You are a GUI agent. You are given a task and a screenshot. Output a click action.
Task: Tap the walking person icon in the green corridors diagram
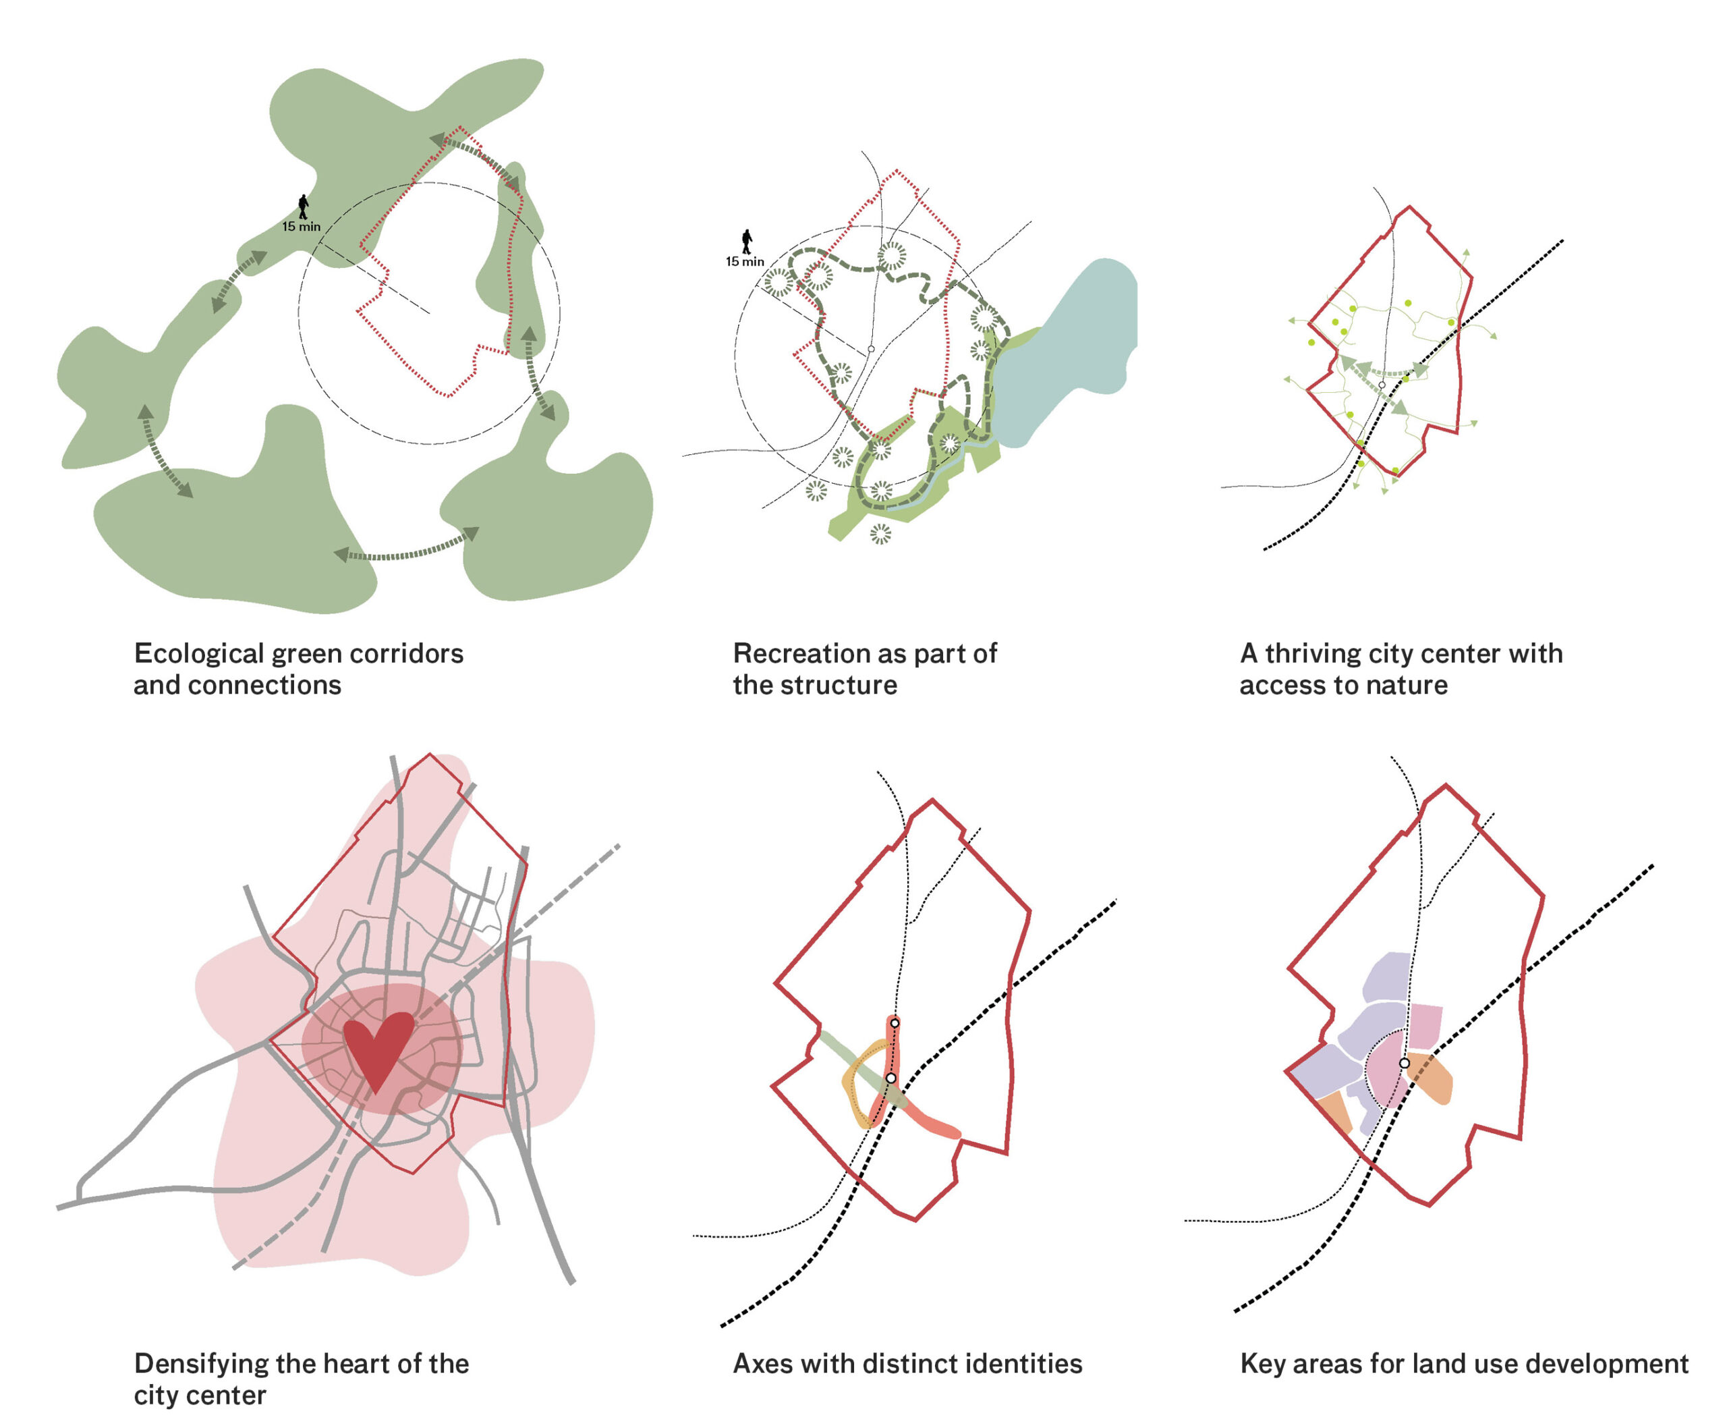304,207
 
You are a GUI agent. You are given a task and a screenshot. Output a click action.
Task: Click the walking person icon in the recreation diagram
747,242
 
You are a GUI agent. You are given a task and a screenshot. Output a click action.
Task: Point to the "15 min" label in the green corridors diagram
302,227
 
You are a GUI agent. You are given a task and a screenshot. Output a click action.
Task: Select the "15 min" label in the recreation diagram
745,262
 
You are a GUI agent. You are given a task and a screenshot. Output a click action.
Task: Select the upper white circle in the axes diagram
895,1022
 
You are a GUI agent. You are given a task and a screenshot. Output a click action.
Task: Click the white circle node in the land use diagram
1405,1064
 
